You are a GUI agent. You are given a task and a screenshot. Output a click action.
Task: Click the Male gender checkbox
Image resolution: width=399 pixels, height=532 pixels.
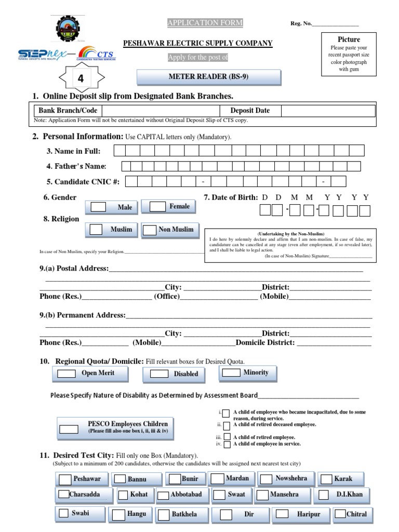pos(98,207)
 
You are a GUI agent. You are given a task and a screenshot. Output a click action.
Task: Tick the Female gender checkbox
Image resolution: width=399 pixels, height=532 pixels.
pos(157,207)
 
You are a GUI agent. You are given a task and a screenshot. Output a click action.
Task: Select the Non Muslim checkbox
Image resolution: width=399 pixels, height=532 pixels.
pos(150,230)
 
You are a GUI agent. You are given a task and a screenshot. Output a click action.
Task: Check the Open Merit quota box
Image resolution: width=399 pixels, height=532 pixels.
pos(66,374)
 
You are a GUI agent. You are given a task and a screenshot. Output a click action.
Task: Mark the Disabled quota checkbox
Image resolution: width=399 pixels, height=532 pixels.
pos(159,374)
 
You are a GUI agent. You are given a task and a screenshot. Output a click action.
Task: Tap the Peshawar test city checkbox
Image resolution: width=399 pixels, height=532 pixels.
pos(65,479)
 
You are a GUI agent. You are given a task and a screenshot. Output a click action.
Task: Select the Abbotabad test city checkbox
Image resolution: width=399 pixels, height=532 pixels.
pos(163,496)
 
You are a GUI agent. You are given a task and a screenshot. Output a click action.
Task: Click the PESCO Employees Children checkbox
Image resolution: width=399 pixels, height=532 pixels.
pos(69,429)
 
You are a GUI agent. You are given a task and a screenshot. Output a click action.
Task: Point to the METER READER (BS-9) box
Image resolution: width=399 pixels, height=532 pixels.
pos(208,77)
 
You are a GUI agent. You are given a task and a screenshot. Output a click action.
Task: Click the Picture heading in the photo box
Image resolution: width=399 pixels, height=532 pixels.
pos(349,39)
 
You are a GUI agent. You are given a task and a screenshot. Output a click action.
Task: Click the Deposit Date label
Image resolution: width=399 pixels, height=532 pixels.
pos(250,111)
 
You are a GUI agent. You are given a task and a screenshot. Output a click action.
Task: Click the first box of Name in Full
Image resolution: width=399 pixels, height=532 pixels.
pos(119,151)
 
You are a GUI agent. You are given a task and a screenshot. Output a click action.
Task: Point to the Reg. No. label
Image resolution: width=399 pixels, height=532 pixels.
pos(300,24)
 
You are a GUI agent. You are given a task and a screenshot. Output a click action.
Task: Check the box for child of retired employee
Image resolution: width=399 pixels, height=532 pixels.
pos(227,437)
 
